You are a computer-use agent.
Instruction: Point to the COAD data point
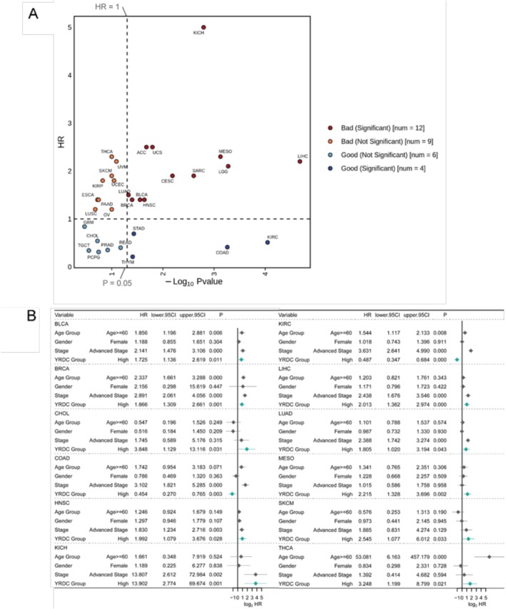pos(227,247)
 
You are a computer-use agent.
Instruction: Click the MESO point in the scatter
pos(221,156)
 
